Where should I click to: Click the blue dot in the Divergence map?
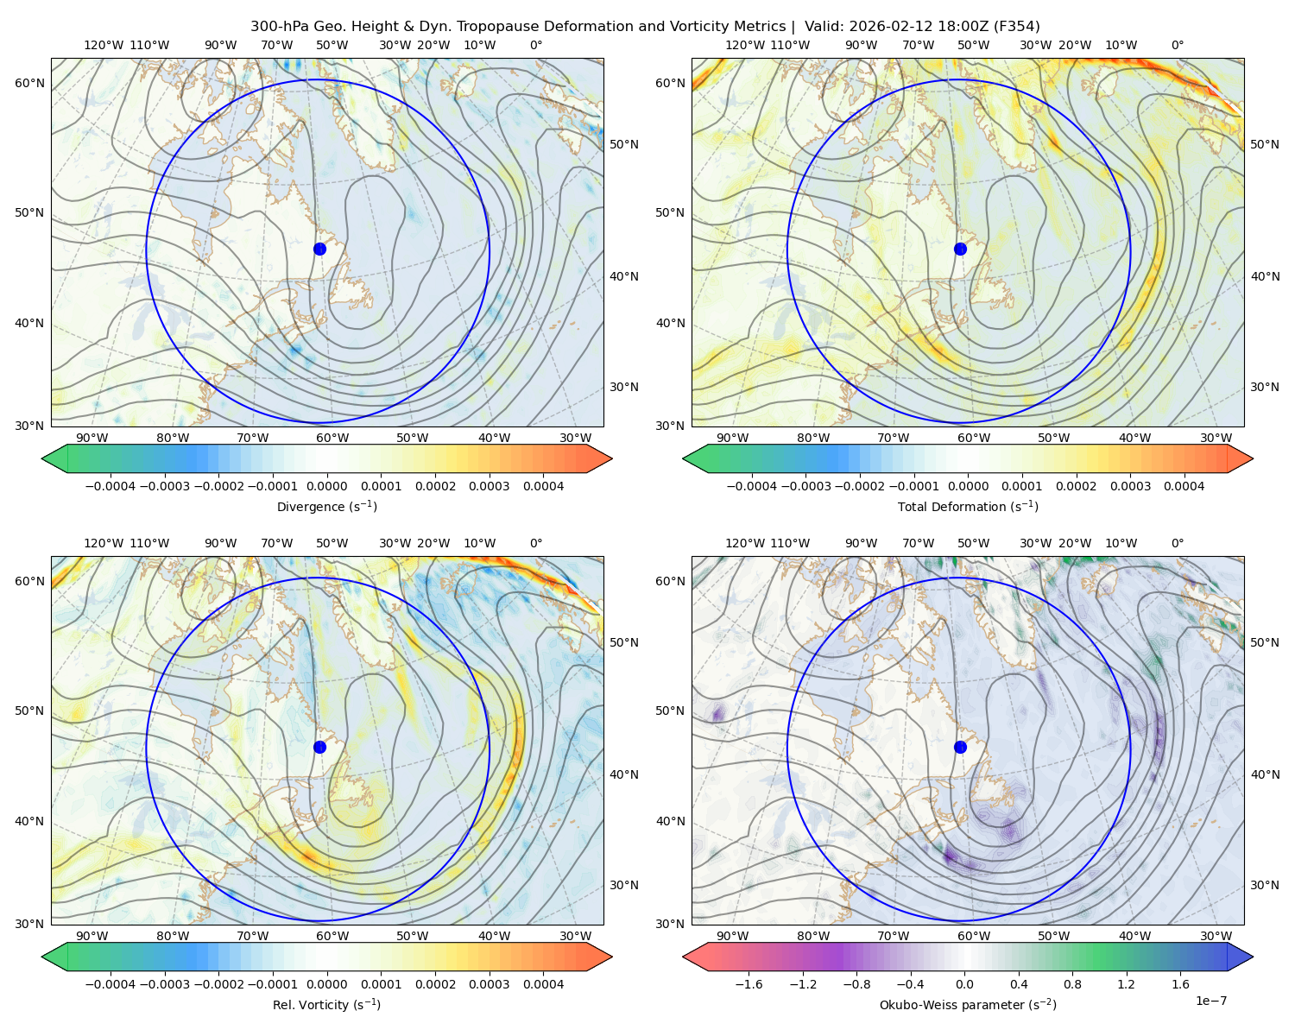coord(319,249)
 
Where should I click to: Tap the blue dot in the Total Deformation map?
coord(960,249)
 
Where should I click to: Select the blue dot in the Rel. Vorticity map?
coord(319,747)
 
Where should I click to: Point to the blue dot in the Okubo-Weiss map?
coord(960,747)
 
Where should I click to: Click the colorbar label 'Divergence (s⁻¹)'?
coord(326,506)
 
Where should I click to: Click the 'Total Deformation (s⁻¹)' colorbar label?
coord(968,506)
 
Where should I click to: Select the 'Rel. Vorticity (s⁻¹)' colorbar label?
coord(326,1004)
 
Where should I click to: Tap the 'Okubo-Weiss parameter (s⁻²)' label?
coord(968,1004)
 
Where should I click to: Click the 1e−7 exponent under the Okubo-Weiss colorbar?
coord(1210,1001)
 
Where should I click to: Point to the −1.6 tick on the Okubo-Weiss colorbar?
coord(749,983)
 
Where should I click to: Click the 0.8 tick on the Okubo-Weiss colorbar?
coord(1072,983)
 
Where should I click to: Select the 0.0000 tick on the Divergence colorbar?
coord(326,486)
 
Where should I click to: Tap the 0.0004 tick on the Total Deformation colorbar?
coord(1184,486)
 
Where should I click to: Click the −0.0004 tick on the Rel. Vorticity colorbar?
coord(111,983)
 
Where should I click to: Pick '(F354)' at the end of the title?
coord(1016,27)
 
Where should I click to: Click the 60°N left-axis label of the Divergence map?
coord(29,83)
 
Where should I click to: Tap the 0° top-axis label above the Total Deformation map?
coord(1178,45)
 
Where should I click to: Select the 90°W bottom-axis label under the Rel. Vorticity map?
coord(92,936)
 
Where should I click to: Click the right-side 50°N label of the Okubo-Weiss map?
coord(1265,642)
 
